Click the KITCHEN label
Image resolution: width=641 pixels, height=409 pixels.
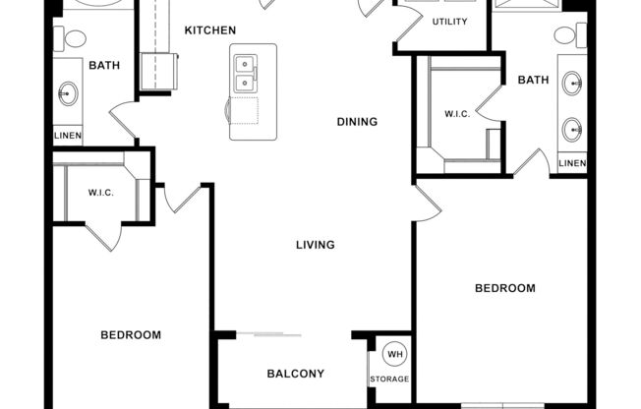pos(209,30)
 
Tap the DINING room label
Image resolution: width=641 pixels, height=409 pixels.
pos(357,122)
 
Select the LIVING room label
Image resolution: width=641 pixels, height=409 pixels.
pos(316,245)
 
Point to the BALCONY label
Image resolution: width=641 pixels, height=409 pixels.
pos(295,374)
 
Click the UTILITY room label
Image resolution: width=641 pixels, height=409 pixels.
pos(449,21)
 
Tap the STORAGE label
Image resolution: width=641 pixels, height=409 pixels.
pos(389,380)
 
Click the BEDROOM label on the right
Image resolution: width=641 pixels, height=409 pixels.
pos(505,288)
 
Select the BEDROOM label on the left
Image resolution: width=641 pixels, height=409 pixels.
pos(131,335)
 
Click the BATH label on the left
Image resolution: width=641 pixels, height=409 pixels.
pos(104,66)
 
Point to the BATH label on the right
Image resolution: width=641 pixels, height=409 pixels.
pos(532,80)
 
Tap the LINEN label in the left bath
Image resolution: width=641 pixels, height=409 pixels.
pos(68,136)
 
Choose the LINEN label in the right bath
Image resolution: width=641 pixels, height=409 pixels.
pos(572,162)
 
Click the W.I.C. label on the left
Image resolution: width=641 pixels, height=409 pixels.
pos(101,193)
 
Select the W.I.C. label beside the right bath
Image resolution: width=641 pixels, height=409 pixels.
pos(457,113)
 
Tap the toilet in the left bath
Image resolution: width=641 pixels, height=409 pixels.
pos(74,39)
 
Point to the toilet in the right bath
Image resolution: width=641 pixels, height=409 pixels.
pos(565,35)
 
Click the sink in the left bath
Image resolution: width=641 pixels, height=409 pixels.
pos(68,95)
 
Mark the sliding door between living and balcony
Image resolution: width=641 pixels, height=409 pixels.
pos(276,335)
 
